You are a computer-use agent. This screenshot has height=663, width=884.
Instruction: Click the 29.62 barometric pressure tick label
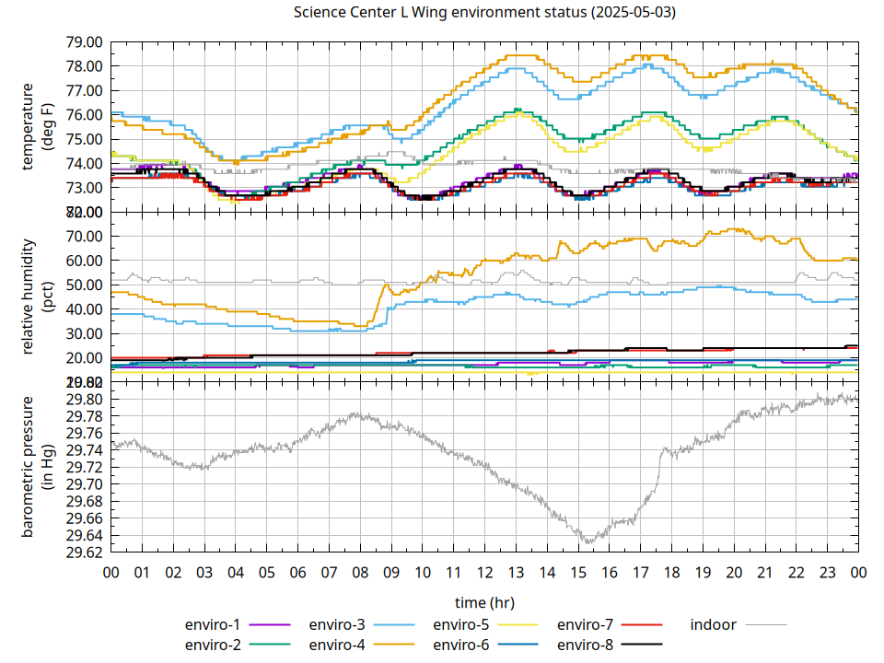[84, 552]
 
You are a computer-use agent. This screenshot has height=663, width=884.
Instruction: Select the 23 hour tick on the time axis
[827, 572]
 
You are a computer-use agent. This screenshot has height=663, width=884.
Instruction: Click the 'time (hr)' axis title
[484, 602]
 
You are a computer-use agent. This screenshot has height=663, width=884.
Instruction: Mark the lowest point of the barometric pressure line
[586, 542]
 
